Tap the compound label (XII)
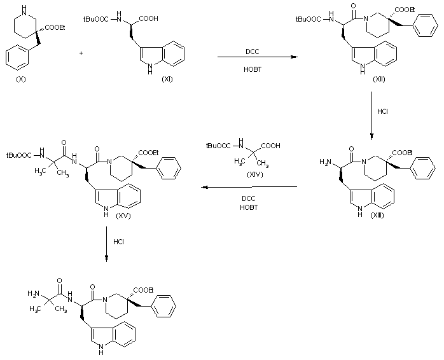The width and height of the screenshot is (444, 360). pos(379,83)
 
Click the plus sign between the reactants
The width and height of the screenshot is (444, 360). pos(81,52)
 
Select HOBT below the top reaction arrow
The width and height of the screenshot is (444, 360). pos(253,69)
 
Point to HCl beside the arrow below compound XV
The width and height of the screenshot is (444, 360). pos(119,242)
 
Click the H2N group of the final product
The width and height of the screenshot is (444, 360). pos(33,294)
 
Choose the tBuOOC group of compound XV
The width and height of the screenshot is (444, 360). pos(19,154)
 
